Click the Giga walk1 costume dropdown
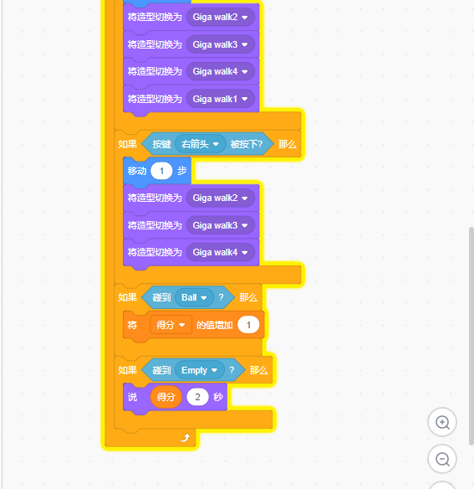coord(221,99)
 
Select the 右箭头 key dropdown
coord(201,144)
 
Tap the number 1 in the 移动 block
coord(161,171)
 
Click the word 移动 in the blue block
coord(137,171)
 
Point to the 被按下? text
coord(247,144)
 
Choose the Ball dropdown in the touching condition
coord(194,297)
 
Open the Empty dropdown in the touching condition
coord(200,370)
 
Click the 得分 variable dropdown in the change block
coord(171,325)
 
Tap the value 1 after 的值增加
coord(248,325)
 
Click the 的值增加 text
coord(215,325)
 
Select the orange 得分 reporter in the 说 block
coord(166,397)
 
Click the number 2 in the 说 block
coord(197,397)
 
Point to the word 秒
coord(218,397)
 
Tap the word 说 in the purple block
coord(132,397)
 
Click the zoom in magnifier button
coord(442,422)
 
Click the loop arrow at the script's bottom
coord(186,438)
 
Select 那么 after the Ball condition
coord(248,297)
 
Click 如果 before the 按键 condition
coord(127,144)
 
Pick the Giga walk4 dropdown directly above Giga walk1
coord(221,71)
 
